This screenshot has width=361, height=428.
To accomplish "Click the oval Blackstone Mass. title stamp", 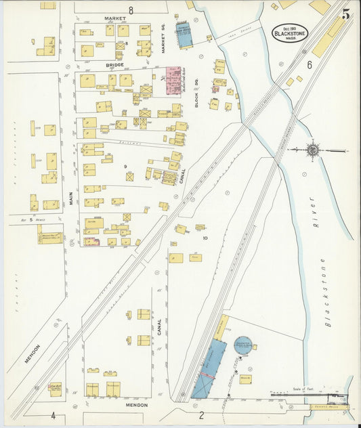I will [x=291, y=32].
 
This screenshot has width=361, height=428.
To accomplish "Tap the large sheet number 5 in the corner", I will [x=346, y=14].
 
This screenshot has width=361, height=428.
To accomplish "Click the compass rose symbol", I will [x=313, y=149].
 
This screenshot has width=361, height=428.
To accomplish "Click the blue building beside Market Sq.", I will [x=184, y=36].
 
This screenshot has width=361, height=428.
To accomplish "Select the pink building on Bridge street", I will [x=173, y=80].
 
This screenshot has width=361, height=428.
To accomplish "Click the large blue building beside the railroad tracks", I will [x=210, y=368].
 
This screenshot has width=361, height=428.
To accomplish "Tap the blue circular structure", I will [x=242, y=345].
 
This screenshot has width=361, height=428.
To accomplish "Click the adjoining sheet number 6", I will [x=308, y=65].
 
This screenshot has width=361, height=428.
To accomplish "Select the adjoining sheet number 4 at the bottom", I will [x=52, y=415].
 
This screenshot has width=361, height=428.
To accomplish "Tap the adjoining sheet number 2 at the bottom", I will [x=201, y=415].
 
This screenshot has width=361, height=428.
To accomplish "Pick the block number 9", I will [x=125, y=166].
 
